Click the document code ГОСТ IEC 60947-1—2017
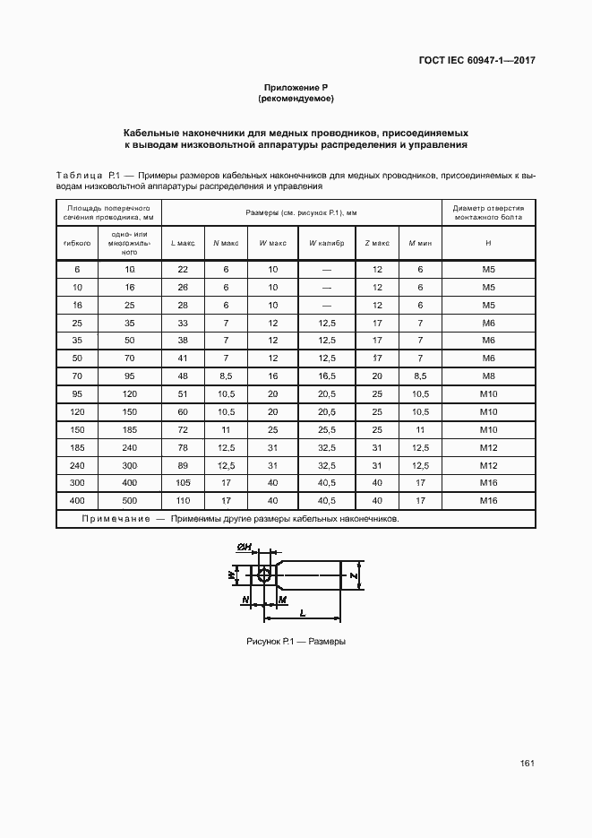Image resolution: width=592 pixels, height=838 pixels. pos(477,62)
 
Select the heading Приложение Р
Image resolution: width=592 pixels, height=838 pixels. pos(296,87)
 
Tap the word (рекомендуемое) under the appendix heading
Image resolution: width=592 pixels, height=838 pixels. pos(296,98)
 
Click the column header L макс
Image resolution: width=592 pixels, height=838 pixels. pos(183,243)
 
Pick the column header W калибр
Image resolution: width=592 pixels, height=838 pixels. pos(327,243)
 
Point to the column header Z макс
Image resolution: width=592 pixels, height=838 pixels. pos(377,243)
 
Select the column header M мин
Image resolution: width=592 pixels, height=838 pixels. pos(420,243)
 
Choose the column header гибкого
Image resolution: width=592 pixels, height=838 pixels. pos(77,243)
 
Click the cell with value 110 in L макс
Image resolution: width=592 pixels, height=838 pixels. pos(183,500)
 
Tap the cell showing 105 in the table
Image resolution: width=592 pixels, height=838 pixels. pos(183,482)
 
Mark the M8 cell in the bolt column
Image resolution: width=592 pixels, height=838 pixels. pos(488,376)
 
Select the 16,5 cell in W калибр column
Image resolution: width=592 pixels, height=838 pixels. pos(327,376)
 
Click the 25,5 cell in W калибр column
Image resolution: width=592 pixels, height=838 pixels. pos(327,429)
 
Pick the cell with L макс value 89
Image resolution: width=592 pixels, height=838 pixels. pos(183,465)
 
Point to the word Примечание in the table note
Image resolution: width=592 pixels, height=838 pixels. pos(115,519)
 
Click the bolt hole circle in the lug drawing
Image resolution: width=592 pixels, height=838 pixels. pos(263,577)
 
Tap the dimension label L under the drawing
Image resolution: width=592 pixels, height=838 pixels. pos(303,612)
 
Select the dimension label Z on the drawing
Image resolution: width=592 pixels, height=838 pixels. pos(355,575)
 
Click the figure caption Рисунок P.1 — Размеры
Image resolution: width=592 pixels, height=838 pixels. pos(296,643)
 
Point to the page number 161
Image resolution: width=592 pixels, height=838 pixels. pos(527,763)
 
